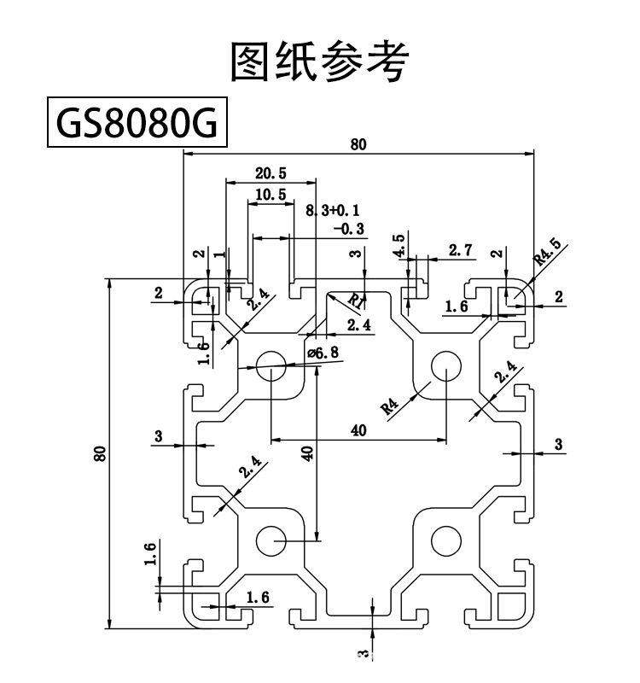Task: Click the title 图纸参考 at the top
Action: point(320,61)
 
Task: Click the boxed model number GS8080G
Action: point(135,125)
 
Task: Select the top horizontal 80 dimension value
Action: point(358,144)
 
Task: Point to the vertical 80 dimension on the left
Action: point(100,453)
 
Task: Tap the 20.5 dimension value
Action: point(271,173)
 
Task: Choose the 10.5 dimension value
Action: point(270,195)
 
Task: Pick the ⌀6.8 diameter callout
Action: point(322,353)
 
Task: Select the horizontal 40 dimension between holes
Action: point(358,430)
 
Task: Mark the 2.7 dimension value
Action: point(460,250)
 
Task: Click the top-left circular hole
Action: point(271,362)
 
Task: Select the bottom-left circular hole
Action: point(271,540)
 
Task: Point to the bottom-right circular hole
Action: point(445,540)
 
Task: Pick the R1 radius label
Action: point(356,300)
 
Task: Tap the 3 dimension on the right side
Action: point(559,444)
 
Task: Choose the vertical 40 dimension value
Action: point(308,453)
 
